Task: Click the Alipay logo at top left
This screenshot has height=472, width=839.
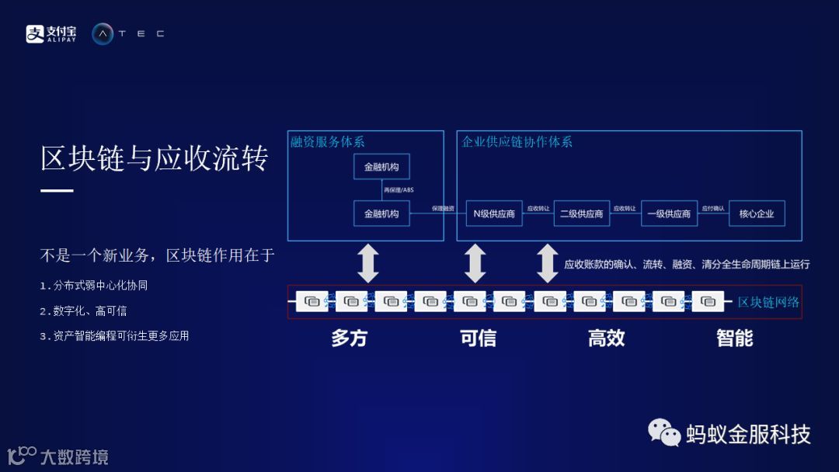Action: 51,33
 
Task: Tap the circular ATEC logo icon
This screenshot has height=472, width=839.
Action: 103,33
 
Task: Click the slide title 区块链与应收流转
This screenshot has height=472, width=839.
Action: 155,158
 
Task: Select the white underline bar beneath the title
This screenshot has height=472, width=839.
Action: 57,190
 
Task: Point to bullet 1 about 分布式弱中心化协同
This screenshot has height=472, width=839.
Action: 94,286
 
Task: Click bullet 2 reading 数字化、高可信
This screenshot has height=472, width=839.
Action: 83,311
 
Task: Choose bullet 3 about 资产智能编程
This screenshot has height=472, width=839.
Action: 114,336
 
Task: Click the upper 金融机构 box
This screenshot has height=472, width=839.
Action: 381,166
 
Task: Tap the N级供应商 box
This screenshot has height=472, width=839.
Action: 494,213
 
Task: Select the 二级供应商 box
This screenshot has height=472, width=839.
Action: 581,213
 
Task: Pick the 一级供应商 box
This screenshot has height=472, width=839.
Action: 669,213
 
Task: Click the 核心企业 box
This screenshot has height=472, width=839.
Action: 757,213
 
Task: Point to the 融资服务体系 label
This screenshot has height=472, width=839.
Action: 328,142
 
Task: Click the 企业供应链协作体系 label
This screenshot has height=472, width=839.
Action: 517,142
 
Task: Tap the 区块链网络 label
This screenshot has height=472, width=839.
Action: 768,302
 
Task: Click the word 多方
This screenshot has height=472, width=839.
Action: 349,338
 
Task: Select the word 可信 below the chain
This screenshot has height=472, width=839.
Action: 478,338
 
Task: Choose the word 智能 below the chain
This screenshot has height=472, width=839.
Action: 734,338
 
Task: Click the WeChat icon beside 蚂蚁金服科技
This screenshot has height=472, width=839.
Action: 664,432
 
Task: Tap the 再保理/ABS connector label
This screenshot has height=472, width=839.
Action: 399,189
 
